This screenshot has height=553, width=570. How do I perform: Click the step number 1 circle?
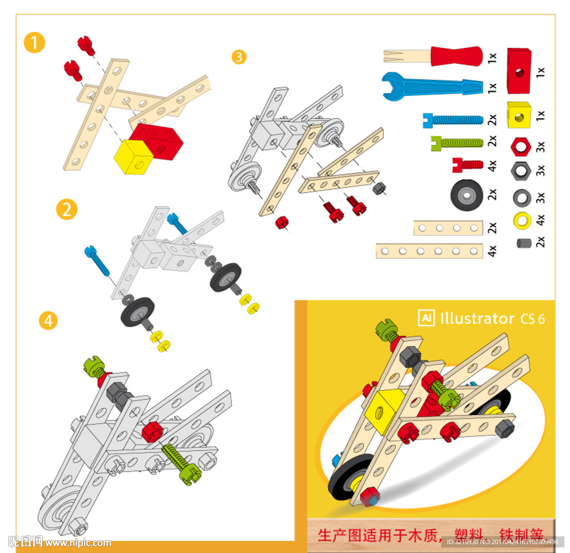(34, 43)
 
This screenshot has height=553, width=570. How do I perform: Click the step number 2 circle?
(67, 210)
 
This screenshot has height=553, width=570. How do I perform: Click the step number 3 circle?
(239, 57)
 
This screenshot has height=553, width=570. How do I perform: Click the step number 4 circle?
(48, 321)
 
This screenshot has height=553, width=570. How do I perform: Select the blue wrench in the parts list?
(431, 85)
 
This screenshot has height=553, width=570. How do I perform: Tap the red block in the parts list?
(519, 71)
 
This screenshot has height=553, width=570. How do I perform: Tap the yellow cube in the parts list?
(519, 116)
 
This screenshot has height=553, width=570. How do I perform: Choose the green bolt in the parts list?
(456, 143)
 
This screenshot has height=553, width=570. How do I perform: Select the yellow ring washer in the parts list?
(522, 221)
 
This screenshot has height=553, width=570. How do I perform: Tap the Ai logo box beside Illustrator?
(426, 318)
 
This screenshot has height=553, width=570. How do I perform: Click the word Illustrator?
(477, 319)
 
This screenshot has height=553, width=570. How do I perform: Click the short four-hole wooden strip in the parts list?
(448, 228)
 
